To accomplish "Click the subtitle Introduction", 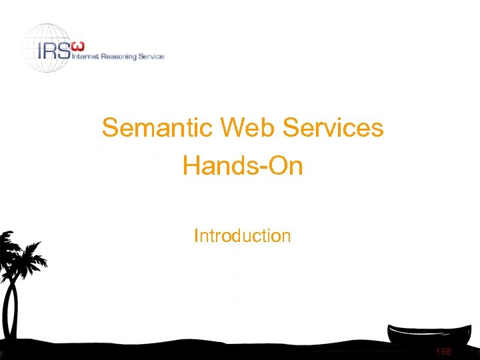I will click(242, 236).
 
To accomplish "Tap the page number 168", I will click(442, 351).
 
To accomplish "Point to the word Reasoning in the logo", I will click(120, 57).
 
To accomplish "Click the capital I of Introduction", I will click(196, 236).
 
